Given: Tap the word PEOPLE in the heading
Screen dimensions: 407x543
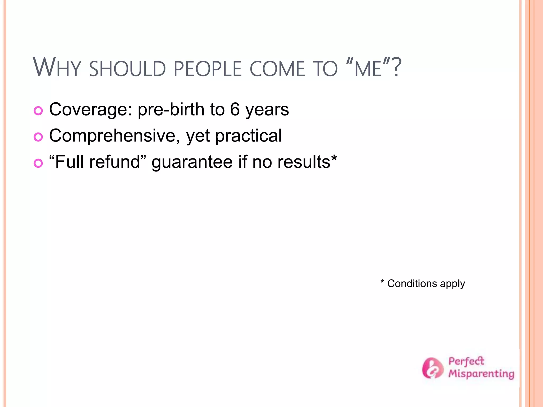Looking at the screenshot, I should click(x=208, y=69).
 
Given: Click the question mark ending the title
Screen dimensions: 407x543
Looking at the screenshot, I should click(x=396, y=68).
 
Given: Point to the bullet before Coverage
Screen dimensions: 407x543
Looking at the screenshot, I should click(x=38, y=111).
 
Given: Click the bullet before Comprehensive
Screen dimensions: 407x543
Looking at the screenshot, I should click(x=38, y=137).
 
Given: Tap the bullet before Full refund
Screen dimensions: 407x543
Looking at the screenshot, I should click(x=38, y=163).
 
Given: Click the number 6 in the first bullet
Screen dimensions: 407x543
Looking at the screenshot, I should click(x=235, y=109).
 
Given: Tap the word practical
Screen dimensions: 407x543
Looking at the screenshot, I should click(x=248, y=136).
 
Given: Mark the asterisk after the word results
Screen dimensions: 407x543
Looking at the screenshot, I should click(x=334, y=158).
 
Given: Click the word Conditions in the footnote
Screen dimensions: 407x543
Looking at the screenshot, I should click(x=412, y=284).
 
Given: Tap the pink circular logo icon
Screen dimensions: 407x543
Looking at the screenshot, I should click(x=432, y=368).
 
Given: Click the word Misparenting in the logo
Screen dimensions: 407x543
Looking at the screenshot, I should click(x=481, y=374).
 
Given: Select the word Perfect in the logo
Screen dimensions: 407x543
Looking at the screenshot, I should click(x=466, y=361).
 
